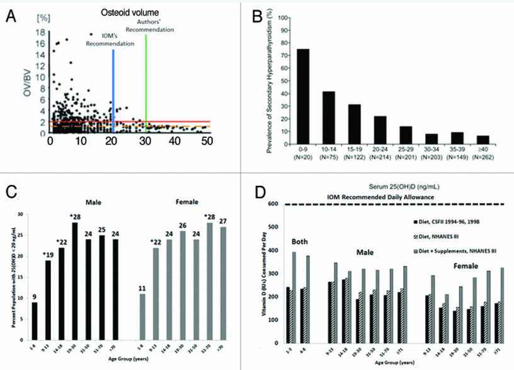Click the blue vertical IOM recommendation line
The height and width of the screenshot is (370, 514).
113,88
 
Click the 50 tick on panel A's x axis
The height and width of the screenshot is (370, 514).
205,142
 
